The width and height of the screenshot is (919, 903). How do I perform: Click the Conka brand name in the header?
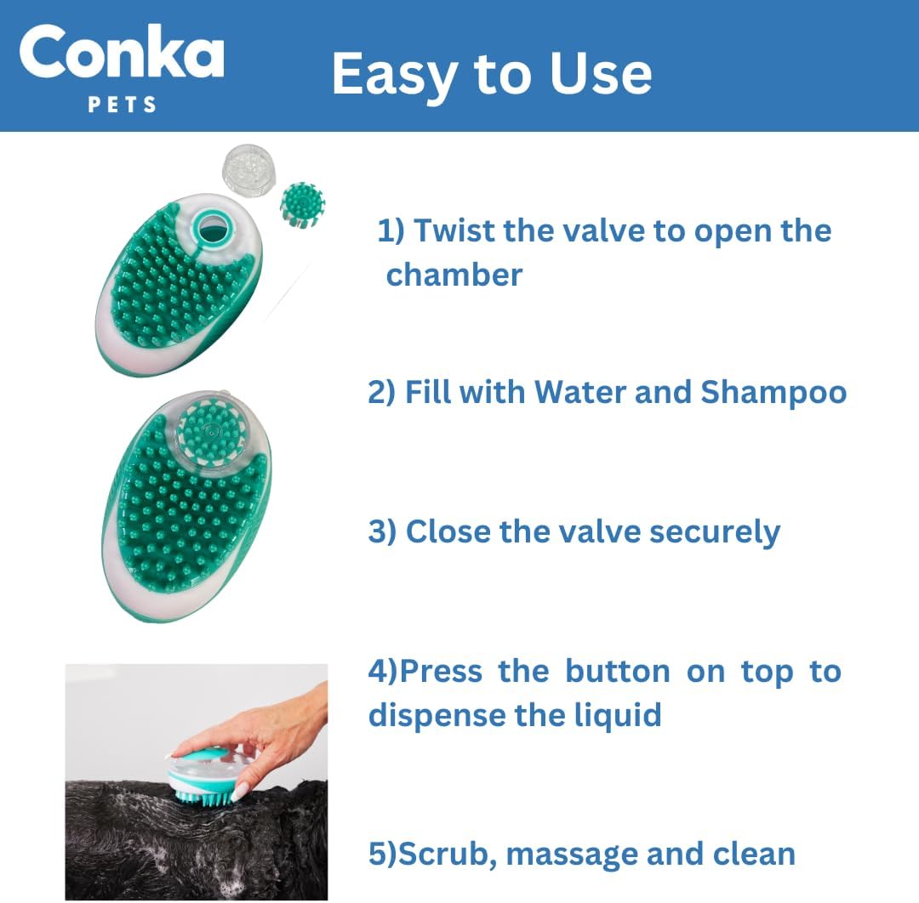click(122, 55)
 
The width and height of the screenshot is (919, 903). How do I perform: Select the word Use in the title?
click(601, 73)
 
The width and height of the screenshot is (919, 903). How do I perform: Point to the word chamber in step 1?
click(454, 275)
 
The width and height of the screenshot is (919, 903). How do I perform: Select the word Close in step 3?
click(448, 531)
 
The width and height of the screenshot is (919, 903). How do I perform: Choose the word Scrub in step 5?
click(443, 854)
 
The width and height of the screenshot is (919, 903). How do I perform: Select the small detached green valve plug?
click(301, 205)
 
